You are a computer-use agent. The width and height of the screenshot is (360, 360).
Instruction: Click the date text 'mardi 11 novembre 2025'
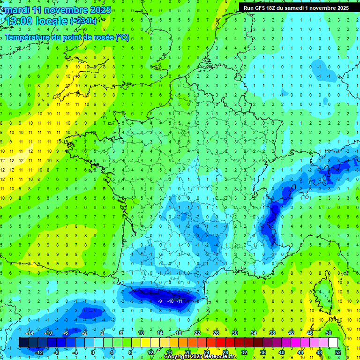(x=57, y=10)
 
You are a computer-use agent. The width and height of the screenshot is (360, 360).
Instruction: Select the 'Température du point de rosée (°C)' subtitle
(x=67, y=37)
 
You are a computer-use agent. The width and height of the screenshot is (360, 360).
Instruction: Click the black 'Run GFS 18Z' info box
(x=296, y=8)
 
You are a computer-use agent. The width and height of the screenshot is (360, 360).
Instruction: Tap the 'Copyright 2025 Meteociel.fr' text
(x=200, y=357)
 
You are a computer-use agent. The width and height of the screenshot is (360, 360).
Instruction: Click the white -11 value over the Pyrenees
(x=180, y=301)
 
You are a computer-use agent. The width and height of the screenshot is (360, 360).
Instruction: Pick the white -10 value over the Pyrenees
(x=171, y=301)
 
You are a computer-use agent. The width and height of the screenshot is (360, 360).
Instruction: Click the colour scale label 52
(x=338, y=352)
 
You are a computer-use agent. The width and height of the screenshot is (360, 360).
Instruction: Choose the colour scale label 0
(x=93, y=352)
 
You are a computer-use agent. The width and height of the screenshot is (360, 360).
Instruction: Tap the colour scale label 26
(x=216, y=333)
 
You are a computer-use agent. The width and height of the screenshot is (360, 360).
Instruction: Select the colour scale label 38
(x=272, y=333)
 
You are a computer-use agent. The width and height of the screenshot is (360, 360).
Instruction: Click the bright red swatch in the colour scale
(x=220, y=342)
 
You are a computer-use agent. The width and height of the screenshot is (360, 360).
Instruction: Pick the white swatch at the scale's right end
(x=333, y=342)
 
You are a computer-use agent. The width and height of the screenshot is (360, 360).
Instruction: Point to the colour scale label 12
(x=150, y=352)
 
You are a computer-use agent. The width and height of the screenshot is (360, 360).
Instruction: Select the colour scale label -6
(x=66, y=333)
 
